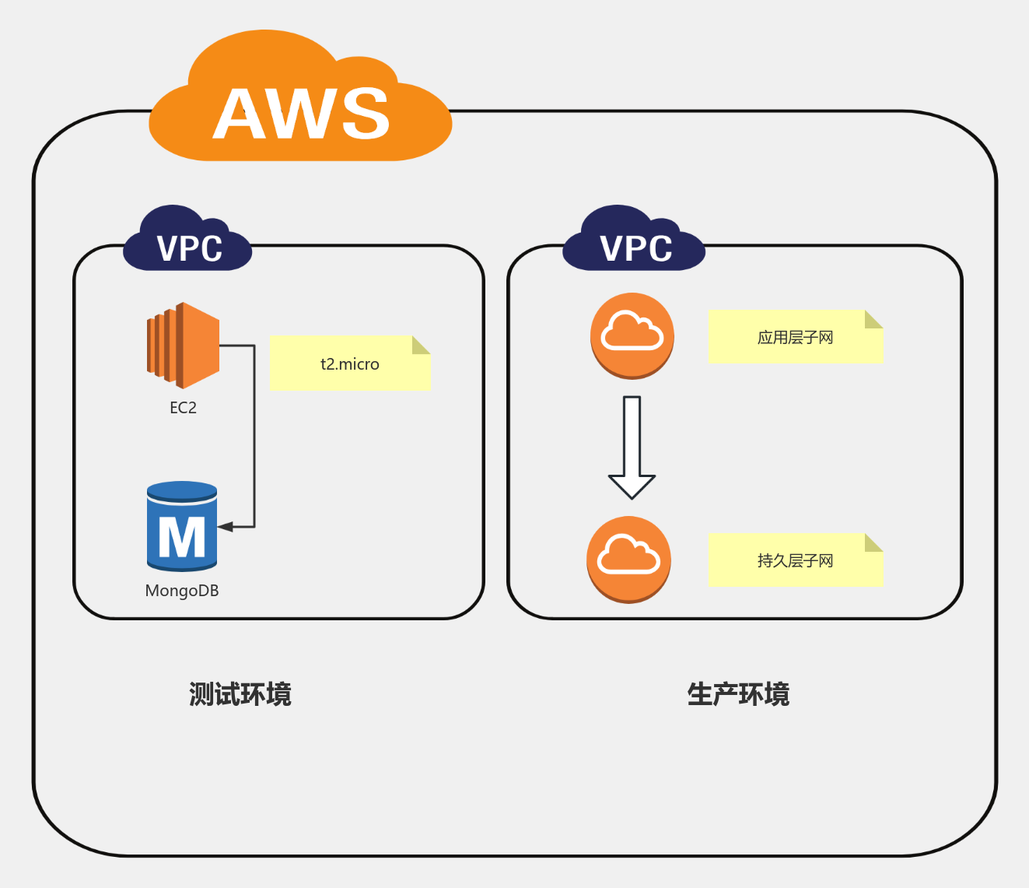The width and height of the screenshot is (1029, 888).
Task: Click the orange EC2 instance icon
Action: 184,346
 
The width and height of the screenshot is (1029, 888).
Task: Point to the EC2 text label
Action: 184,408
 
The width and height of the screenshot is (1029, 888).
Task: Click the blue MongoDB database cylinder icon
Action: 182,526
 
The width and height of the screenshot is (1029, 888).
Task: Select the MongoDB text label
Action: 182,591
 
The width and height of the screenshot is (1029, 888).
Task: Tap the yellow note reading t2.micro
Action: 349,363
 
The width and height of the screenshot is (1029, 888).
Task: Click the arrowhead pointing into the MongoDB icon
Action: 226,527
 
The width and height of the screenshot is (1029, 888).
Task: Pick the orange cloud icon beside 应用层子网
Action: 632,335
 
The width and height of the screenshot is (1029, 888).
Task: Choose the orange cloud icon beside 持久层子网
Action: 628,559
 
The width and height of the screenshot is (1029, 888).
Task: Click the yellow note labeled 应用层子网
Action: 795,337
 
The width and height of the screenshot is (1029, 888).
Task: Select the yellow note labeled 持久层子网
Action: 795,560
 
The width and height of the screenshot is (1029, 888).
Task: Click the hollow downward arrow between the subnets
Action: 632,448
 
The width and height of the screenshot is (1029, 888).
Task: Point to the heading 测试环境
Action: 240,694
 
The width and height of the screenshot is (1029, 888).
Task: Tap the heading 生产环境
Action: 738,694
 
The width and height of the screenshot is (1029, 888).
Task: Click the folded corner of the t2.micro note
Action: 420,346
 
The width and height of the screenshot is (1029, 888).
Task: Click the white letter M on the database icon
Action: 182,537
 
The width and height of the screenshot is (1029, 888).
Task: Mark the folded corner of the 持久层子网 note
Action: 873,543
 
